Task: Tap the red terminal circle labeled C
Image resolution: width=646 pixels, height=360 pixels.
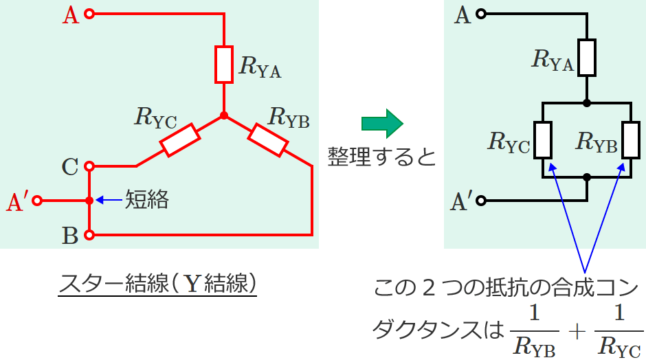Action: click(89, 166)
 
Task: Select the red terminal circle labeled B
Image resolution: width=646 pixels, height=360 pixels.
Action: click(89, 235)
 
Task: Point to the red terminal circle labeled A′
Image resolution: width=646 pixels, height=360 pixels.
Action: click(38, 201)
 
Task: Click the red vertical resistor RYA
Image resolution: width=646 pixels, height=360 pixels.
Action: click(224, 64)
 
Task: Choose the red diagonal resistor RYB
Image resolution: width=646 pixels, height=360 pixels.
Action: click(267, 139)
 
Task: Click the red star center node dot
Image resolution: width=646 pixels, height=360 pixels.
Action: click(224, 115)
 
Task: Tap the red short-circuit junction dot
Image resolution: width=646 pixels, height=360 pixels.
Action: click(89, 201)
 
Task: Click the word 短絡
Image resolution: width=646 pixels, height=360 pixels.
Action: click(146, 200)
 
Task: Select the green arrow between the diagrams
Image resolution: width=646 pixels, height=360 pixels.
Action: click(382, 124)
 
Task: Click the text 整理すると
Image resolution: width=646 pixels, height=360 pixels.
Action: click(381, 157)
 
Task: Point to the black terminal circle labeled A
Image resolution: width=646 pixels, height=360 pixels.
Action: click(482, 14)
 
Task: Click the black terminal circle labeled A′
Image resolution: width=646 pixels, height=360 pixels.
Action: click(482, 201)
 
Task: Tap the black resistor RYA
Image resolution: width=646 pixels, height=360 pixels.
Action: click(586, 58)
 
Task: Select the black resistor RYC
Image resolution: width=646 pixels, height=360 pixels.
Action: click(543, 139)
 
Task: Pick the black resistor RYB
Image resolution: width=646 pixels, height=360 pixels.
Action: click(630, 139)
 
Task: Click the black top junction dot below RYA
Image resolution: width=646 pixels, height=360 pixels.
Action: click(586, 103)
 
